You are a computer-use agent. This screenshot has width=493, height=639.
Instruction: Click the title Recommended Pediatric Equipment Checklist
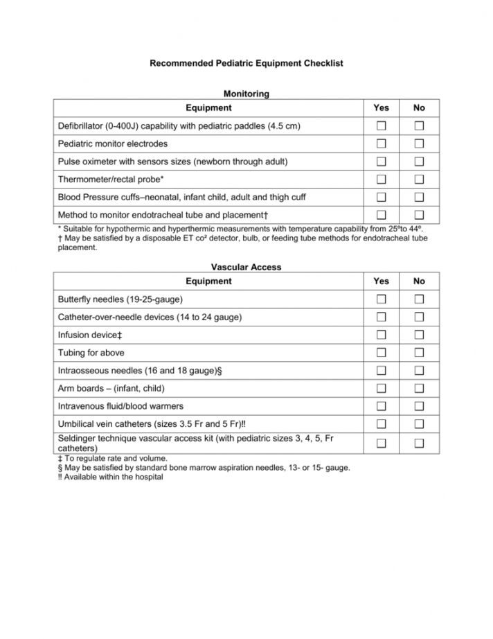[247, 63]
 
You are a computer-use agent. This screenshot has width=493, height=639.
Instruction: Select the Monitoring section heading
[246, 94]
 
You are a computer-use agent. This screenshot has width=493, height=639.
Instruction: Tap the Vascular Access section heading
[246, 267]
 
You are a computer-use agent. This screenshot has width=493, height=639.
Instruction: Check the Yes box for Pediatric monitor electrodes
[381, 144]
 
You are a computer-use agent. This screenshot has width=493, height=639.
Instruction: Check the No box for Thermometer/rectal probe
[419, 180]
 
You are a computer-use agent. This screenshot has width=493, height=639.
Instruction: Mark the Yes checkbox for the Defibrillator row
[381, 126]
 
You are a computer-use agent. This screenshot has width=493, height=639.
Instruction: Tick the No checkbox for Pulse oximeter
[419, 161]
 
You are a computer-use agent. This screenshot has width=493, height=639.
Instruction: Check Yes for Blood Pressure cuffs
[381, 198]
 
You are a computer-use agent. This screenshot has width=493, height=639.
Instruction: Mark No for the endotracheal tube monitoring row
[419, 215]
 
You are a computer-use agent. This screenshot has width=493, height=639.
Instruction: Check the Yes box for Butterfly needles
[381, 299]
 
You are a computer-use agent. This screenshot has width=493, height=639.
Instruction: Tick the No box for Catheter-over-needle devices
[419, 317]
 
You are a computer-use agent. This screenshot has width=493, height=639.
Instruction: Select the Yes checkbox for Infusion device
[381, 335]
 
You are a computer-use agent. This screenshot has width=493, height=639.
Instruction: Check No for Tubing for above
[419, 353]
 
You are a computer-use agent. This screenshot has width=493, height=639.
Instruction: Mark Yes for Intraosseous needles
[381, 371]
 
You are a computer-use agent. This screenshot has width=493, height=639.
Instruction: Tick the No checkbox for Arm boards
[419, 388]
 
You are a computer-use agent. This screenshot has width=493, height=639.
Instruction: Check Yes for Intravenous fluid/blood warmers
[381, 406]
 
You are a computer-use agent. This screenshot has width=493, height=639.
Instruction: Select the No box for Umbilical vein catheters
[419, 424]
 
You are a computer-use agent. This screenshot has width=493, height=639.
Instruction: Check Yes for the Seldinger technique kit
[381, 443]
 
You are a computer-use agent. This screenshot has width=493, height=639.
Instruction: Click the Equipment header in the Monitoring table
[208, 108]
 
